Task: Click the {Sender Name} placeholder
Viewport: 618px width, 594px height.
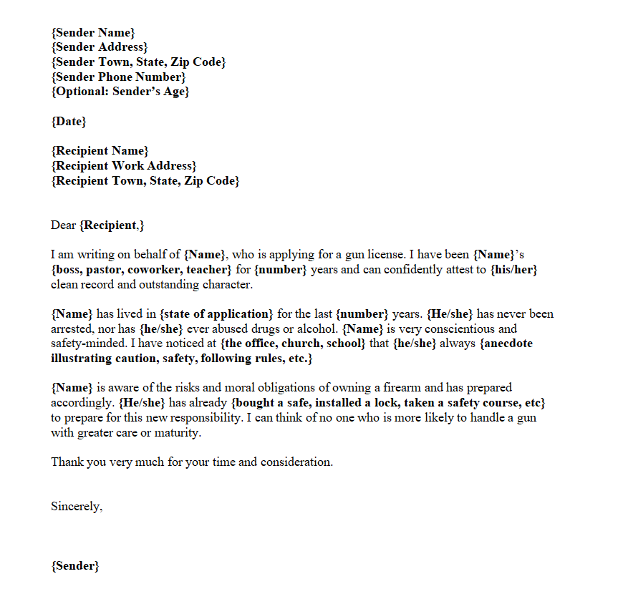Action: [x=92, y=32]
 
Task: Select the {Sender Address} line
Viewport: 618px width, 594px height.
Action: [x=99, y=47]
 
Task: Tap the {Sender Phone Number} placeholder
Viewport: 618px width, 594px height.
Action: [x=118, y=77]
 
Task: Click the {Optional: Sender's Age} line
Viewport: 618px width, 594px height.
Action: [x=120, y=92]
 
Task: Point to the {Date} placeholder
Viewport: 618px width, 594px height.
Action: [x=68, y=121]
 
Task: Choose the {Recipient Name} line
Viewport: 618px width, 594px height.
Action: [x=100, y=150]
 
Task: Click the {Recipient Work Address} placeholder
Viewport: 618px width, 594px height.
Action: [x=123, y=165]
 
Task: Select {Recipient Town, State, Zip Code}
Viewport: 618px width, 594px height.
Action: [x=145, y=180]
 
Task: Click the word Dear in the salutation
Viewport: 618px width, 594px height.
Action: [x=63, y=225]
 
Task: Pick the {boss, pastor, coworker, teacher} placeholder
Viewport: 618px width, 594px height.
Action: [x=141, y=269]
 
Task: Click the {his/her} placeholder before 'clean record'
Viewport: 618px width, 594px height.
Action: [x=513, y=269]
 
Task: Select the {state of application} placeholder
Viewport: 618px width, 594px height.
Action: [x=217, y=313]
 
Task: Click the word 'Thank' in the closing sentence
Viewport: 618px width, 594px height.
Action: [x=66, y=462]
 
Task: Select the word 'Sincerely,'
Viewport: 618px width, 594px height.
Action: [x=77, y=506]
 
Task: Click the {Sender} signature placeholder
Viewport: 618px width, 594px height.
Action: [x=74, y=565]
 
